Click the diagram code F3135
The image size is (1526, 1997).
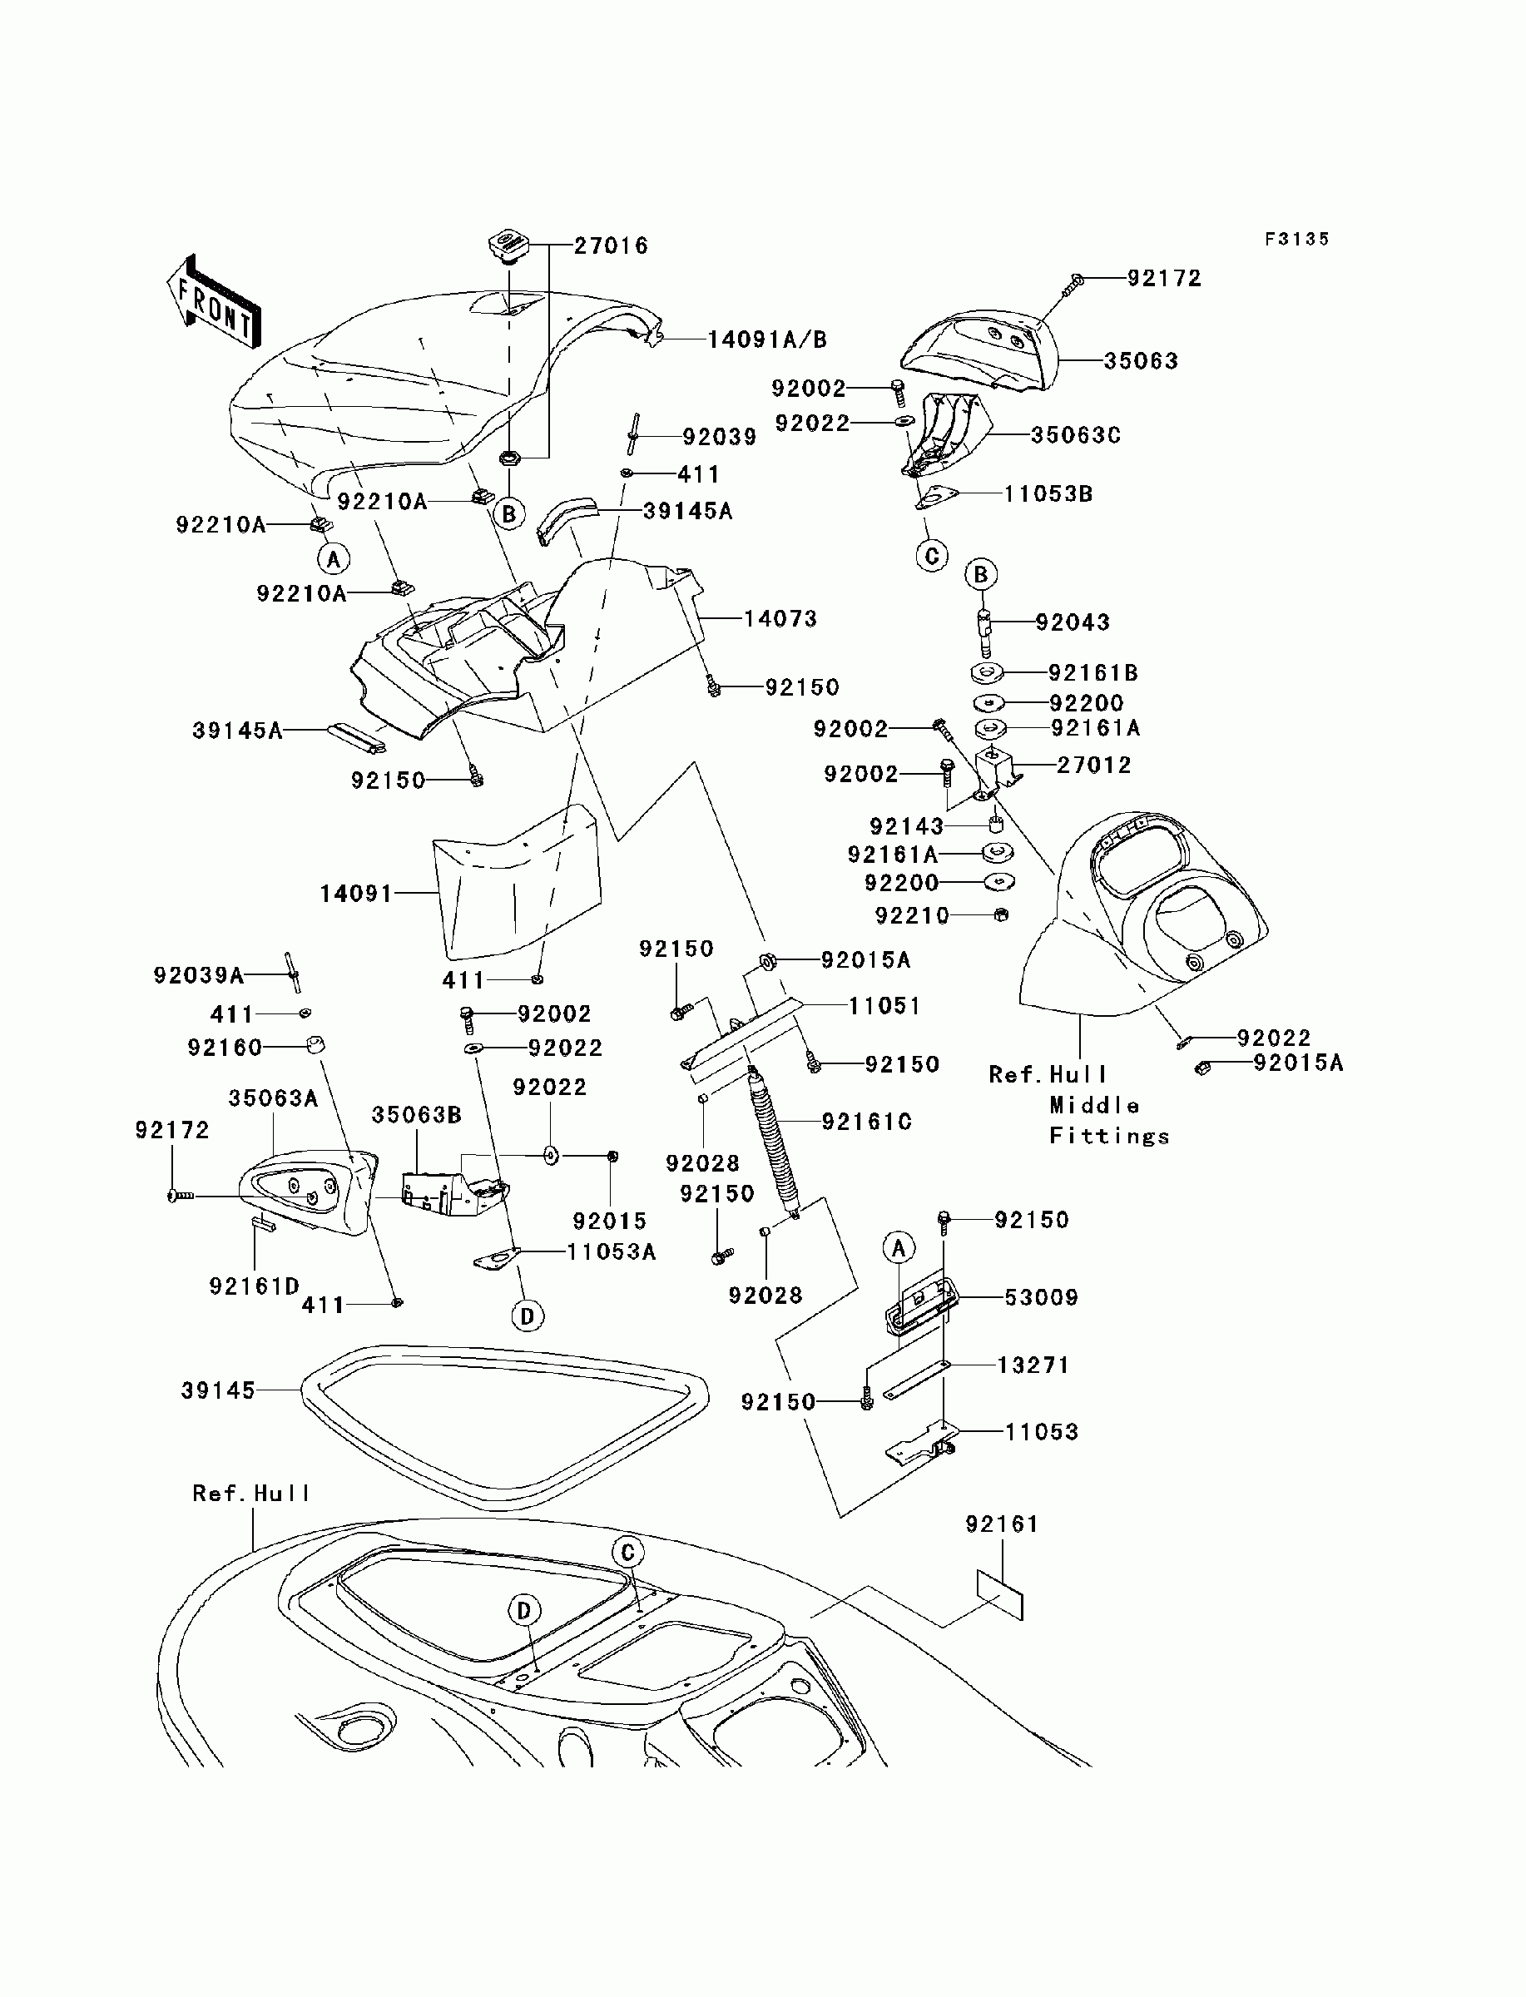pyautogui.click(x=1297, y=239)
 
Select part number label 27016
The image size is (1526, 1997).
pyautogui.click(x=612, y=246)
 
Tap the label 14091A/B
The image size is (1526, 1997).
pyautogui.click(x=767, y=339)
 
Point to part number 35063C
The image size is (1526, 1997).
pyautogui.click(x=1076, y=436)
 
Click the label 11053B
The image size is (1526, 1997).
pyautogui.click(x=1048, y=494)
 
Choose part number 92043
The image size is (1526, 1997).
pyautogui.click(x=1073, y=623)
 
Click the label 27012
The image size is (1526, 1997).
pyautogui.click(x=1094, y=765)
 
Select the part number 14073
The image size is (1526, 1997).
pyautogui.click(x=780, y=619)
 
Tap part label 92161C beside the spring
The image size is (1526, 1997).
pyautogui.click(x=866, y=1122)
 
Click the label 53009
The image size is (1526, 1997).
pyautogui.click(x=1041, y=1298)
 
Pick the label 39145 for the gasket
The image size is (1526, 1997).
pyautogui.click(x=218, y=1391)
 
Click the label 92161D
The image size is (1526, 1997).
pyautogui.click(x=255, y=1286)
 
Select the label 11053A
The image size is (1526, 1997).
pyautogui.click(x=612, y=1251)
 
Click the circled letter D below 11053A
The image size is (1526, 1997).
pyautogui.click(x=528, y=1315)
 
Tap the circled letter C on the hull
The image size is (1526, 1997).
pyautogui.click(x=627, y=1552)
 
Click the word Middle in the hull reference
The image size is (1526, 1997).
pyautogui.click(x=1094, y=1105)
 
